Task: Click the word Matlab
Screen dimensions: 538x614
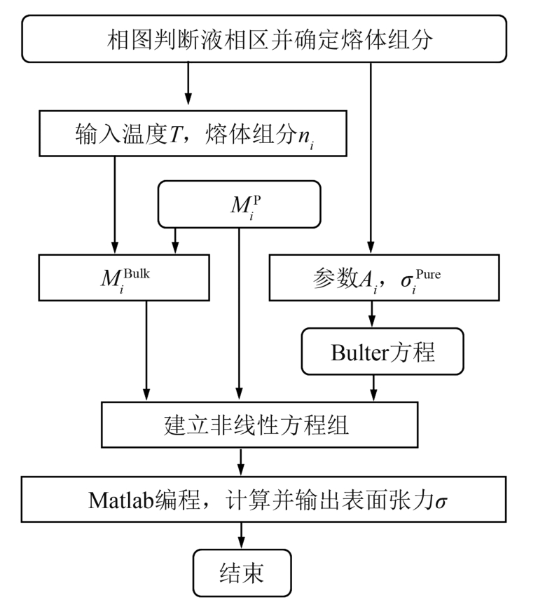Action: coord(122,500)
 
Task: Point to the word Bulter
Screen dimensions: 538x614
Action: coord(359,353)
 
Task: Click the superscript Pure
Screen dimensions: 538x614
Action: coord(428,274)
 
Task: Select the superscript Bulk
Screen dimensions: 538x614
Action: coord(137,273)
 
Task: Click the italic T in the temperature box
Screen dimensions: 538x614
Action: coord(175,135)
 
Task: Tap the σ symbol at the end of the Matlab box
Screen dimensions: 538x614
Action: coord(441,502)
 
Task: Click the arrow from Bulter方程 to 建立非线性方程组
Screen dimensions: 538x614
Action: coord(373,388)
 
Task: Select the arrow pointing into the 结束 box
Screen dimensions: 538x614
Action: coord(241,535)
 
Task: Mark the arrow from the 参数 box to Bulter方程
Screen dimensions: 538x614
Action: coord(372,314)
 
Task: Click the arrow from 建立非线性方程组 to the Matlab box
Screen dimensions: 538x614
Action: coord(241,462)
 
